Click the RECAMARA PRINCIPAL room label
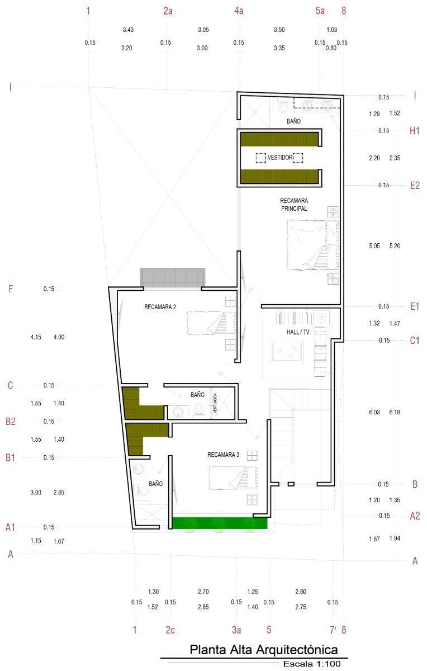[294, 205]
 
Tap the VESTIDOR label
[280, 157]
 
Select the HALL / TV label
[298, 332]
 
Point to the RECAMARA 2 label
[160, 307]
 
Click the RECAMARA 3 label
[224, 455]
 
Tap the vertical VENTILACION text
[215, 403]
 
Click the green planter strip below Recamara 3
[220, 523]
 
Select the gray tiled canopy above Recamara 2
[173, 278]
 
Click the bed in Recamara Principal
[312, 245]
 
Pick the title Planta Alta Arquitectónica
[264, 650]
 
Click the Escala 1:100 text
[312, 664]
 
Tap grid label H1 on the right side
[414, 131]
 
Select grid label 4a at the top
[239, 11]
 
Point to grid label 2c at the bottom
[170, 630]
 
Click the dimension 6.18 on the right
[395, 412]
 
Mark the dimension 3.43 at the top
[128, 30]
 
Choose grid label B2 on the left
[11, 422]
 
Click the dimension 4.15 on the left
[36, 337]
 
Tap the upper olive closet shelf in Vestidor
[279, 139]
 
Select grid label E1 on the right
[414, 306]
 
